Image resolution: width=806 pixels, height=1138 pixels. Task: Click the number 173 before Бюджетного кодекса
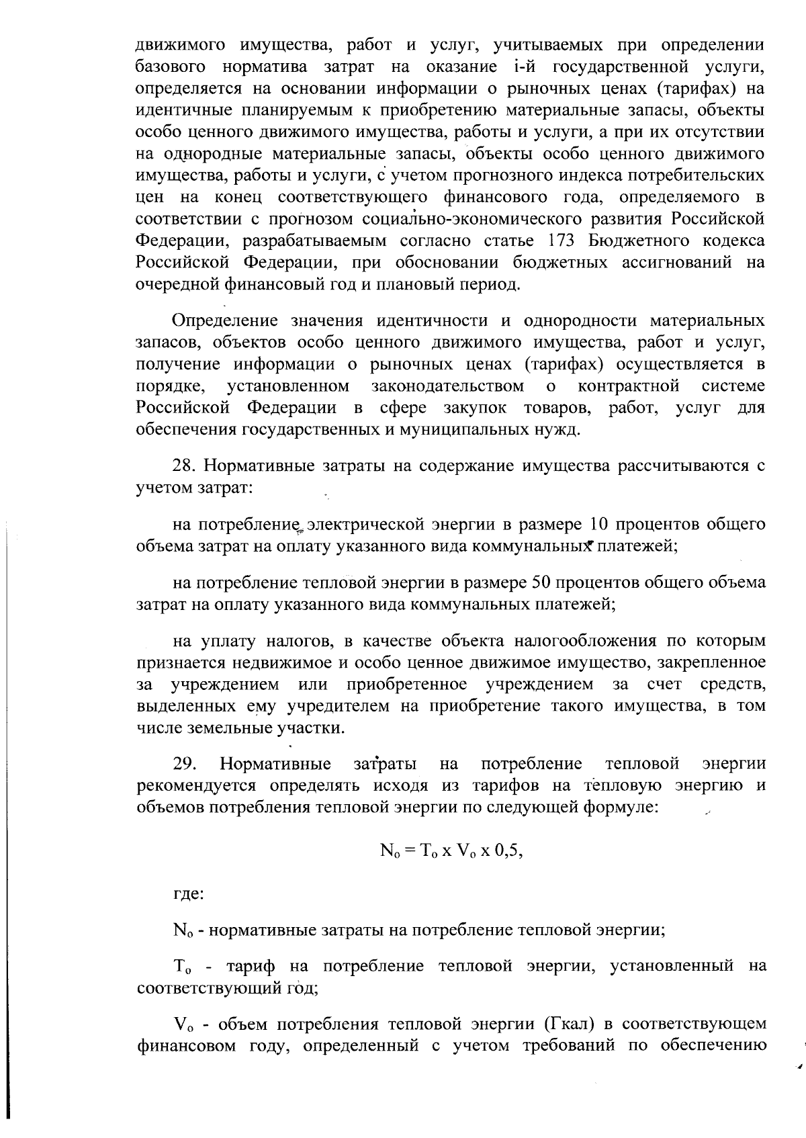tap(562, 240)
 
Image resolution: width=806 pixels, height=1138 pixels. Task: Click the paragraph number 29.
tap(184, 764)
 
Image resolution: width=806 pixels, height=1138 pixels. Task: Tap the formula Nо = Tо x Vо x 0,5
tap(451, 850)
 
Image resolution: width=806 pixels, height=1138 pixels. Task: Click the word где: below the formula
tap(189, 894)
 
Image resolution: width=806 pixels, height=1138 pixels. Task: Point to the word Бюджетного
tap(638, 240)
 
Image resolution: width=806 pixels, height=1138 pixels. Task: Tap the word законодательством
tap(447, 386)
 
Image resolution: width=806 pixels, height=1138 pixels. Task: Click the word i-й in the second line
tap(525, 67)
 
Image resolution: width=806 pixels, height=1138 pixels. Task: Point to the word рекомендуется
tap(197, 785)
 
